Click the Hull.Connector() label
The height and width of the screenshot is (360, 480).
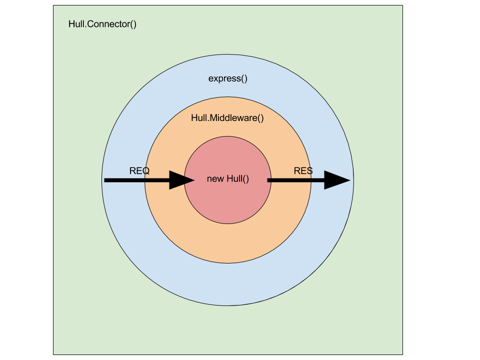102,24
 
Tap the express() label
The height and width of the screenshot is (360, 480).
228,78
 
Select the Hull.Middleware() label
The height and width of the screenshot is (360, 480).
227,118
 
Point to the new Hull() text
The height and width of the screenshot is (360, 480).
228,178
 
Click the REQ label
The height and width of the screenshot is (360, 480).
139,170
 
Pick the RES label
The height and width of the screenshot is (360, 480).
303,170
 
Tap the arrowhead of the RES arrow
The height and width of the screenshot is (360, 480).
336,180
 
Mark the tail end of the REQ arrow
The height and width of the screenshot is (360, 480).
106,180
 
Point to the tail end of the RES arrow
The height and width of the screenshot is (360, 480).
269,180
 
